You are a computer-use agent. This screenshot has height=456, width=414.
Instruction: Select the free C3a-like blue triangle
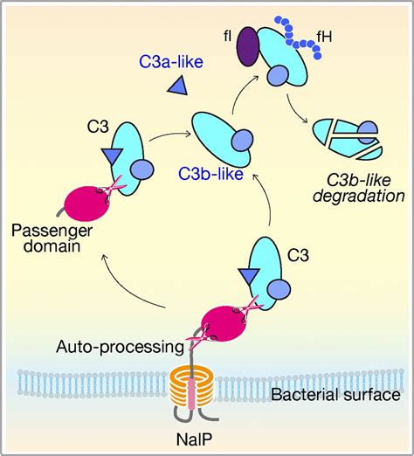pyautogui.click(x=177, y=86)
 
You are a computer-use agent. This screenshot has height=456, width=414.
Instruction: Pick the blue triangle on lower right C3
pyautogui.click(x=248, y=277)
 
